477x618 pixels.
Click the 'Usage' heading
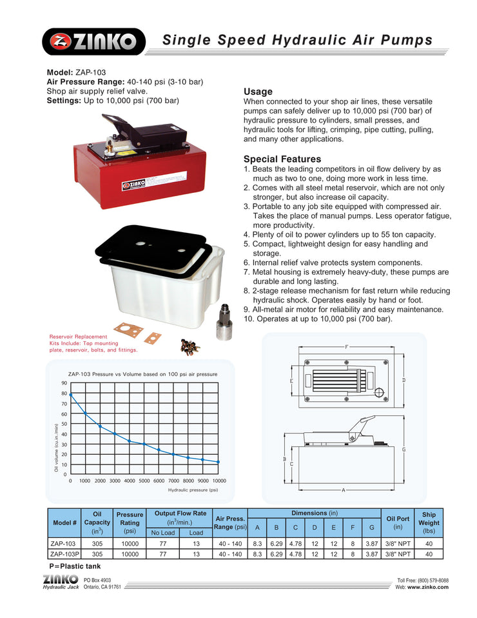pos(258,92)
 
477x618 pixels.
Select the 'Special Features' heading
pos(282,159)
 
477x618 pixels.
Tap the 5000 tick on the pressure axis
pos(144,481)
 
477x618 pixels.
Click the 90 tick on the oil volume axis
pos(64,383)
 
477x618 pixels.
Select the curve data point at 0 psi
pos(71,394)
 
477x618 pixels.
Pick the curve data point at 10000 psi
pos(219,462)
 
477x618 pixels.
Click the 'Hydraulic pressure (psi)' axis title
pos(193,490)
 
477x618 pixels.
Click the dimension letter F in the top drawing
pos(346,347)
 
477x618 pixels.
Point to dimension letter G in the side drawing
pos(404,449)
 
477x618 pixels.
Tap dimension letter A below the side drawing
pos(344,490)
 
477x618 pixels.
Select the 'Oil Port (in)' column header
pos(397,523)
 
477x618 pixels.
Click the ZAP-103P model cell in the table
pos(64,553)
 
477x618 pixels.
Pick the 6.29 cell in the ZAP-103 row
pos(277,544)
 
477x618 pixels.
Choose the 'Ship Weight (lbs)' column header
pos(429,523)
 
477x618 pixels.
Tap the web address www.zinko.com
pos(428,588)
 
